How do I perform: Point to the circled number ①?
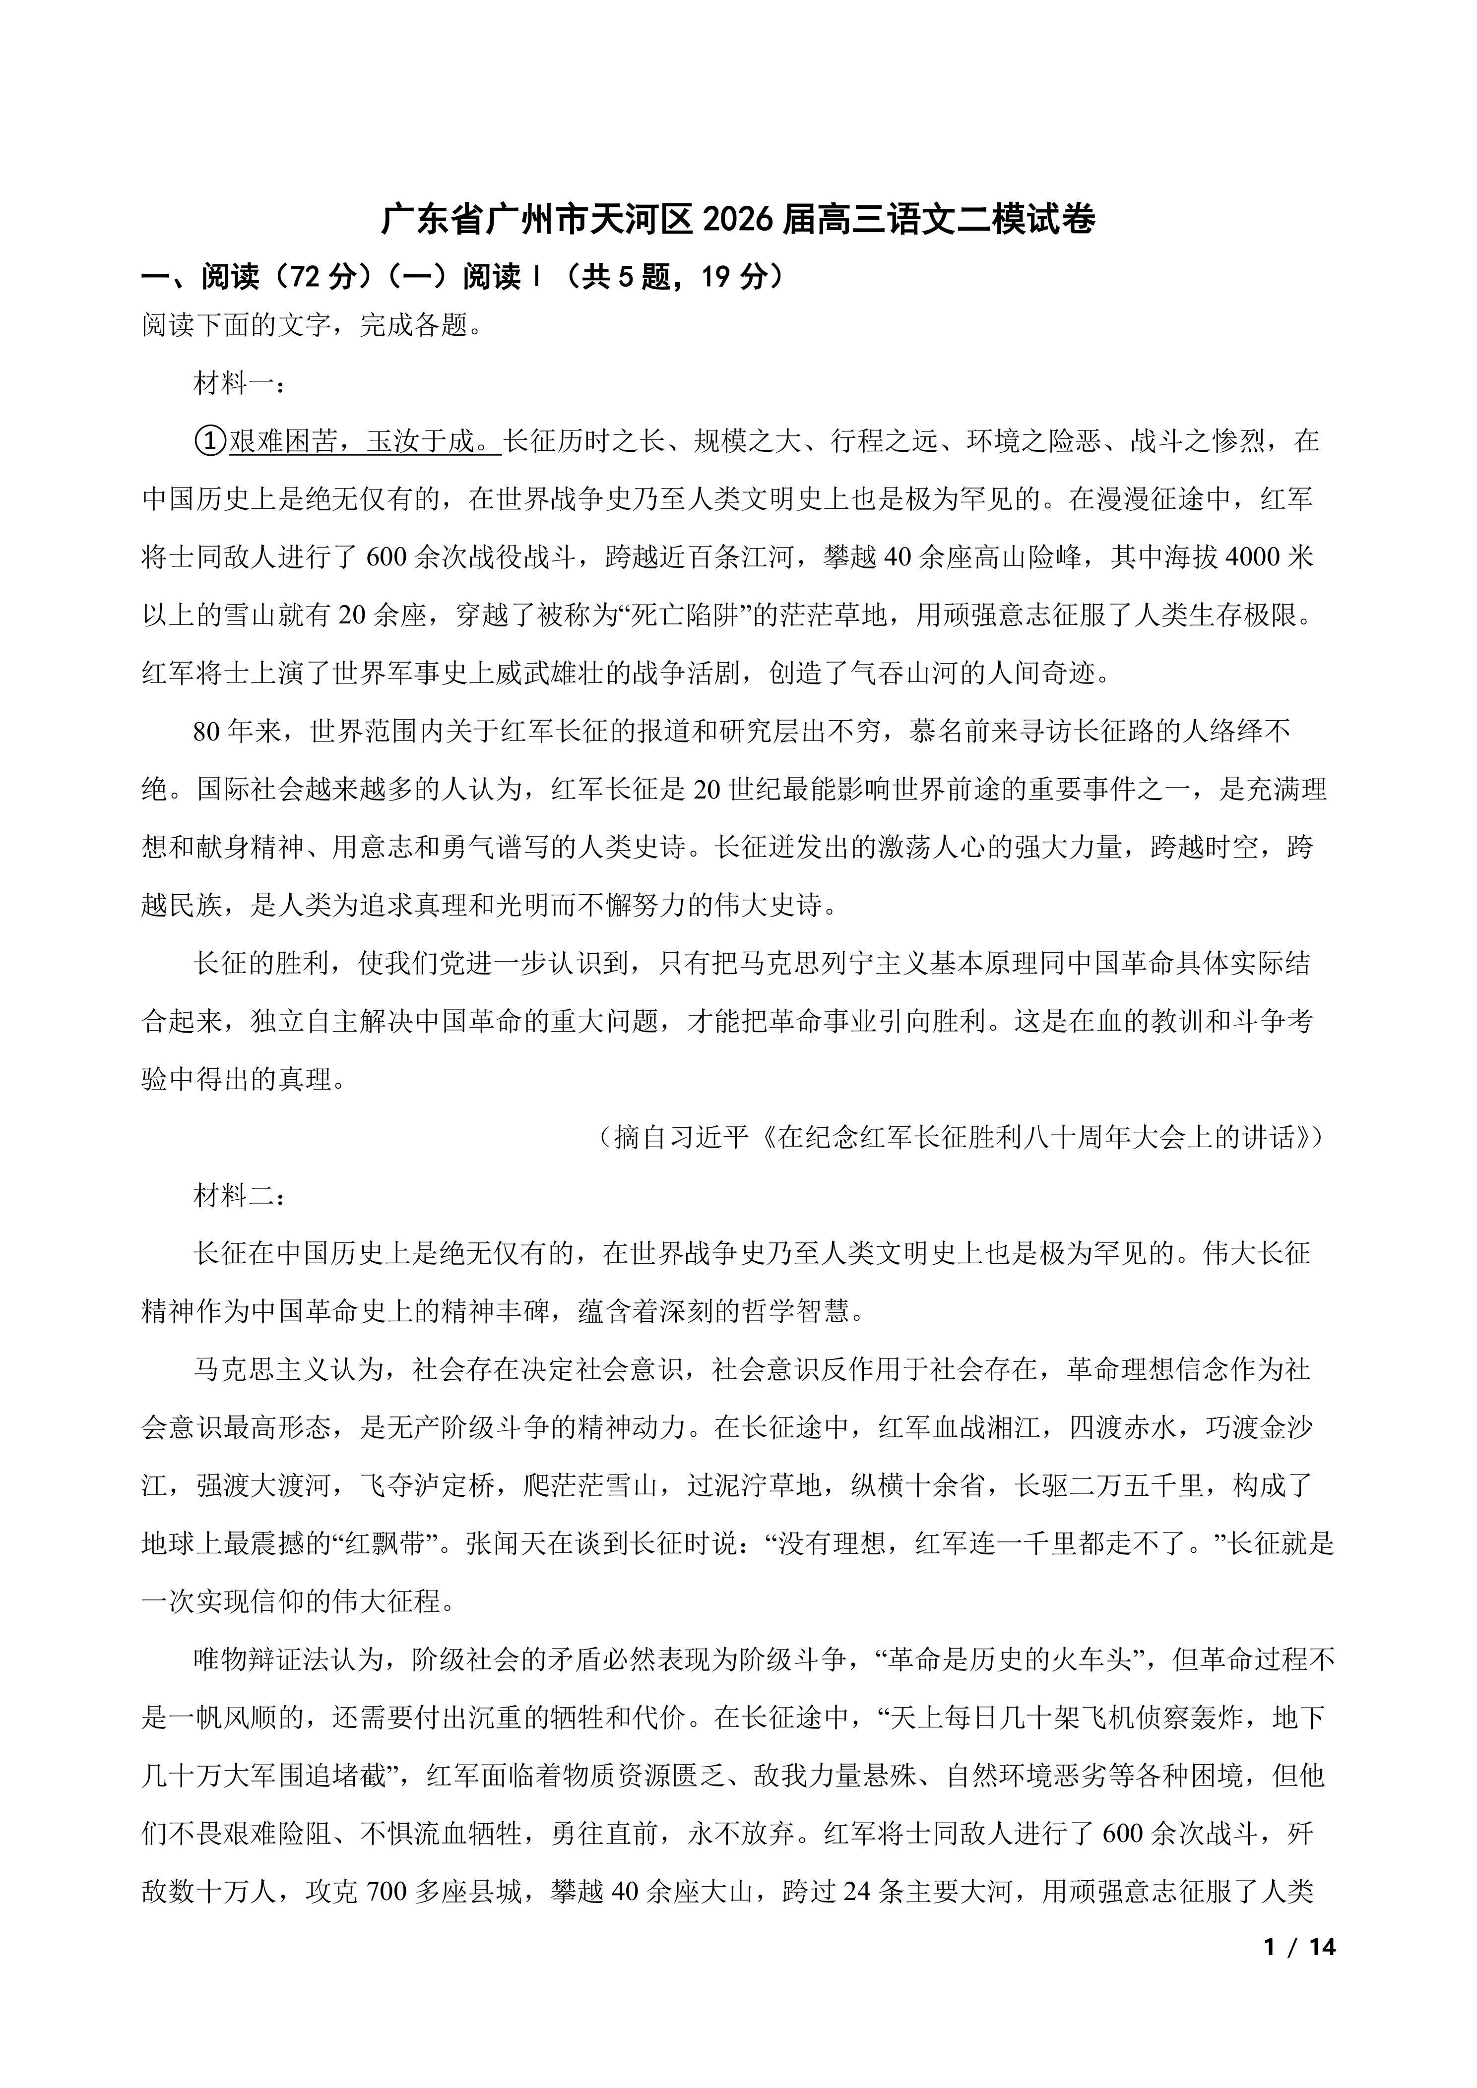[209, 442]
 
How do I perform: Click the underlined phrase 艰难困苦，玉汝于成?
[364, 442]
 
